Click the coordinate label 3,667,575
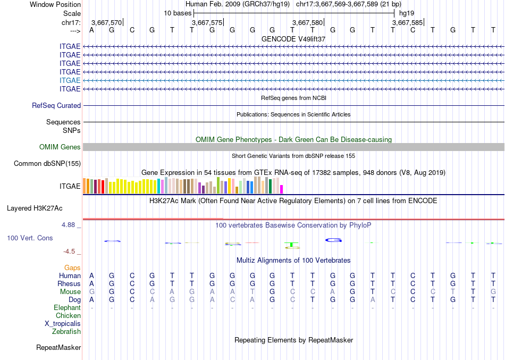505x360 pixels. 207,23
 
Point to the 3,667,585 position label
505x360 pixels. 408,23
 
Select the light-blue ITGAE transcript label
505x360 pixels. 70,80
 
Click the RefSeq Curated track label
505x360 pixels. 56,106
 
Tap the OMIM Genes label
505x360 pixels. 60,147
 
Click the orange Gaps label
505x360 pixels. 72,267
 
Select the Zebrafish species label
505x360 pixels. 66,331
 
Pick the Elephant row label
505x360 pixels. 67,307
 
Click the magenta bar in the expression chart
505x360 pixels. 282,189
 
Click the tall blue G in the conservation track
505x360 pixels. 333,240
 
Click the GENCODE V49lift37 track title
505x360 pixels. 293,39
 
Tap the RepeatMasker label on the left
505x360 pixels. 58,348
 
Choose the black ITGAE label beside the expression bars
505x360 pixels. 70,186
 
